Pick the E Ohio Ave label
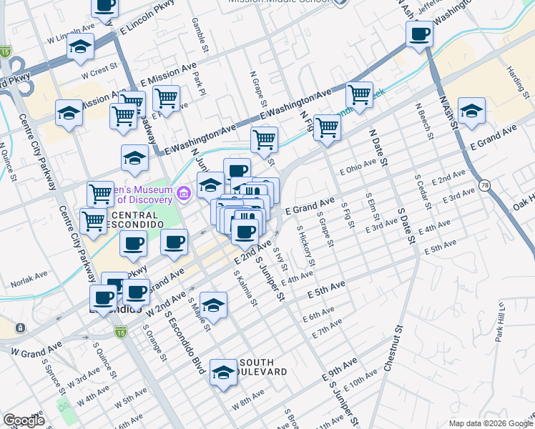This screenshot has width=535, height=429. point(358,171)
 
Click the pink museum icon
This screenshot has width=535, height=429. point(184,192)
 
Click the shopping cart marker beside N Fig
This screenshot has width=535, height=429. point(327,127)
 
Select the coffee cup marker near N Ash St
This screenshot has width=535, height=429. point(419,33)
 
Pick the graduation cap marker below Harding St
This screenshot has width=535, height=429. point(471,111)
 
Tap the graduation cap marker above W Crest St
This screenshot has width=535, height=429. point(80,46)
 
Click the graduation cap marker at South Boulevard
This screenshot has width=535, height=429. point(224,372)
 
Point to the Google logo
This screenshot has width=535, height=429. point(24,420)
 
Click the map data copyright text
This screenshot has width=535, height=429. point(490,423)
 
